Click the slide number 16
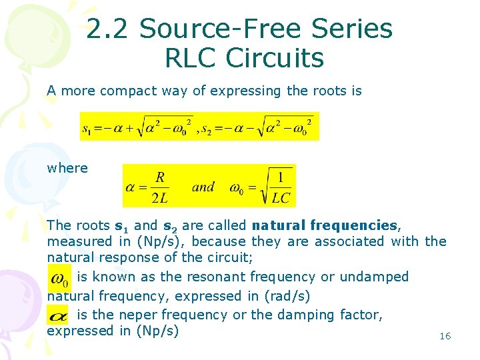point(445,336)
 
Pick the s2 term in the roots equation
point(207,127)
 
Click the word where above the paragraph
point(67,168)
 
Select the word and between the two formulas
point(203,187)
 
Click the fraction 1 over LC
point(281,187)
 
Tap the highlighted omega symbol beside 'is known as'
point(60,277)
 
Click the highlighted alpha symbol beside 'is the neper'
point(59,314)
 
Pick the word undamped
point(376,277)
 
